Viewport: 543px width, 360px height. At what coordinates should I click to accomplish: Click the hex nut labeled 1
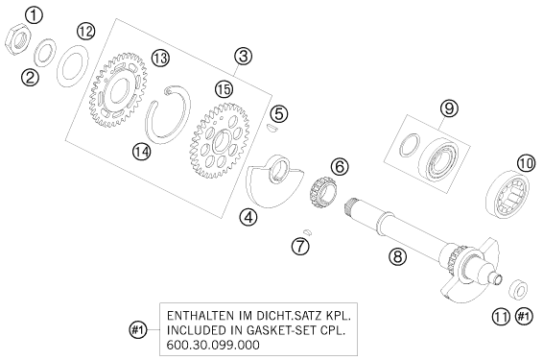tap(17, 41)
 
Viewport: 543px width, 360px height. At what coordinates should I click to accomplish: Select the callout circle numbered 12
tap(85, 32)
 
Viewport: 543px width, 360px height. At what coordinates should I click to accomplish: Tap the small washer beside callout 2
tap(45, 52)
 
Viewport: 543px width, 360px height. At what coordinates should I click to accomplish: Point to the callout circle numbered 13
tap(160, 59)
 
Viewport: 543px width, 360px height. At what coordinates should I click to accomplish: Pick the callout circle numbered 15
tap(224, 89)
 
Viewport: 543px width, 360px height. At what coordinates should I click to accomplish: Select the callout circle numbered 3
tap(243, 56)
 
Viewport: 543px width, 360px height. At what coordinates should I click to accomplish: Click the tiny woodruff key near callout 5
tap(271, 129)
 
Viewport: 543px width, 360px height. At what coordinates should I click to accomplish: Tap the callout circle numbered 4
tap(248, 218)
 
